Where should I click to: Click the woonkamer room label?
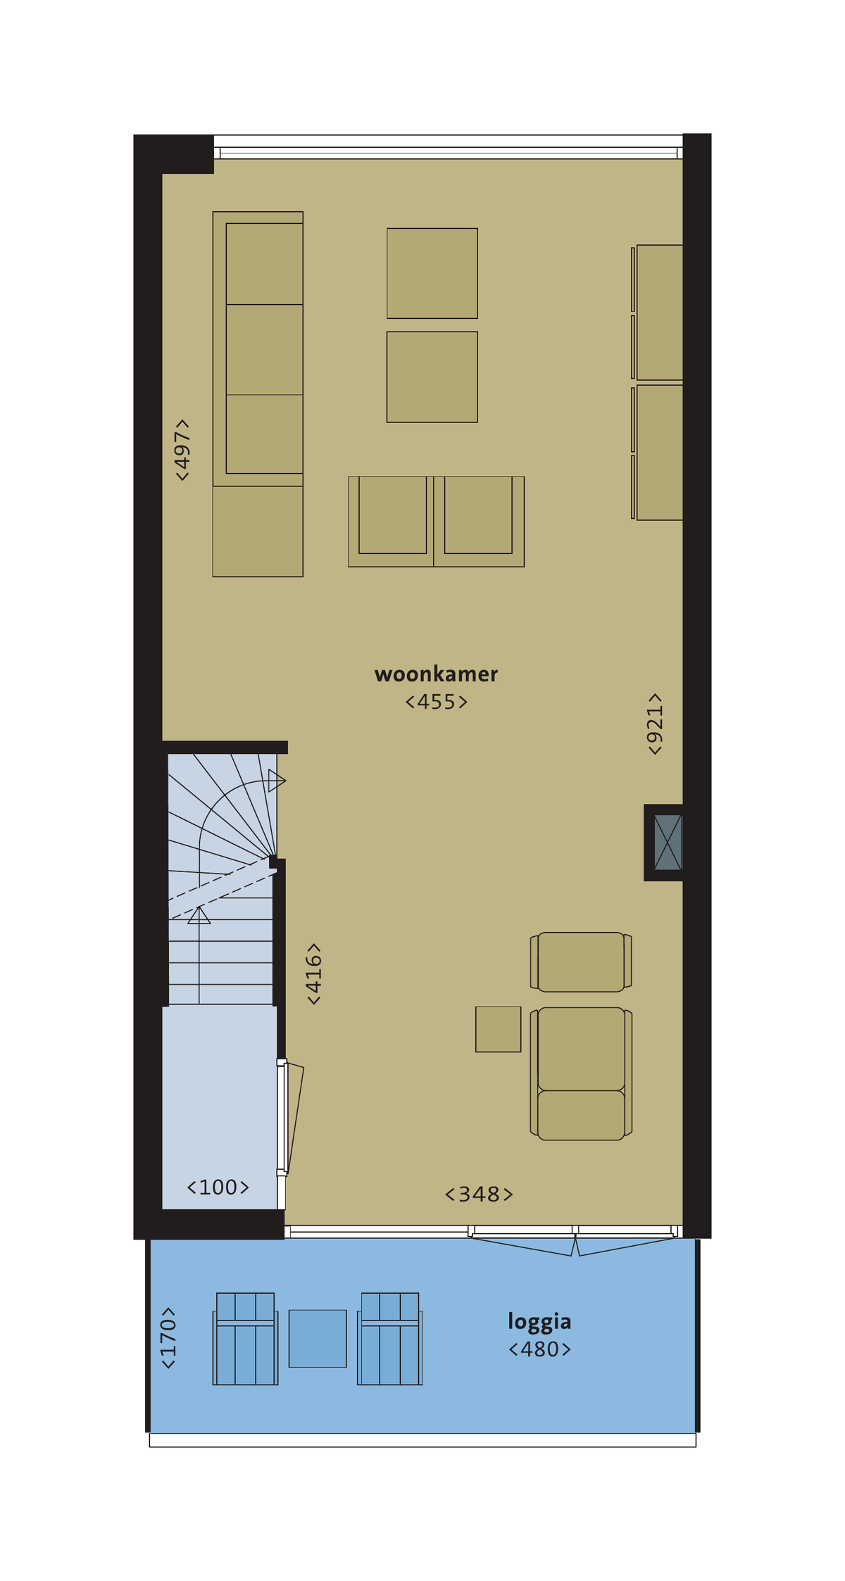click(436, 674)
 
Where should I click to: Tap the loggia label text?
click(539, 1322)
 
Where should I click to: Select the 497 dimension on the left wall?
click(182, 450)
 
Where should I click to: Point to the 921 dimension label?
click(655, 724)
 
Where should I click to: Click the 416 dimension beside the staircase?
click(314, 974)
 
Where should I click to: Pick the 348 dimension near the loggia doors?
click(479, 1194)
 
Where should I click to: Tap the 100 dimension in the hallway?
click(218, 1188)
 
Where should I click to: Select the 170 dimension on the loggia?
click(168, 1337)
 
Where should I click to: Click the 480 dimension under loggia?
click(539, 1349)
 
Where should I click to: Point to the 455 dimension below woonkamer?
click(436, 702)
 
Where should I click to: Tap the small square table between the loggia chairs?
click(318, 1338)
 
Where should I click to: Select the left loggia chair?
click(245, 1338)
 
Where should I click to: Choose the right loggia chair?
click(390, 1338)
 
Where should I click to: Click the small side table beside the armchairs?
click(498, 1029)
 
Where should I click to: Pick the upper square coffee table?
click(432, 273)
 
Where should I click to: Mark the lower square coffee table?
click(432, 377)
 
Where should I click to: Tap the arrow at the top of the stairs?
click(277, 781)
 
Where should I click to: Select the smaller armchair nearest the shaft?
click(581, 962)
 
